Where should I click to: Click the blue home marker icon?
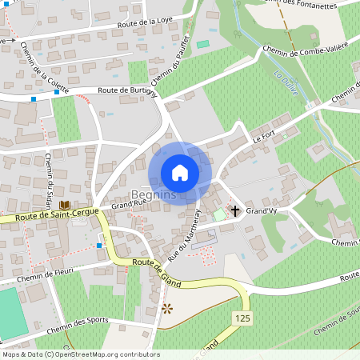pyautogui.click(x=180, y=172)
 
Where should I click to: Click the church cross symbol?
pyautogui.click(x=234, y=210)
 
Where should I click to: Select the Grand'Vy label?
pyautogui.click(x=261, y=211)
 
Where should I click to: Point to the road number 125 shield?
pyautogui.click(x=245, y=318)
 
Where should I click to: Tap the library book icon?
pyautogui.click(x=62, y=205)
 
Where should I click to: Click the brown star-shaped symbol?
pyautogui.click(x=167, y=307)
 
